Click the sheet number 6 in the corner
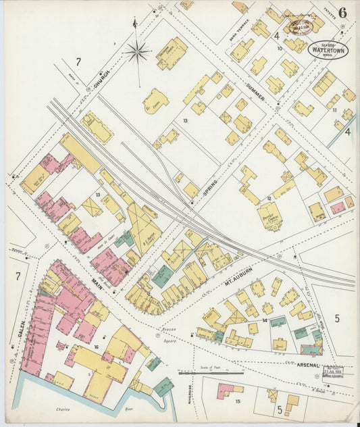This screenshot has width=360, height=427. [343, 13]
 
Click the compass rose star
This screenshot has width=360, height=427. [137, 49]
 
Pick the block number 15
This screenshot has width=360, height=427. [238, 401]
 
